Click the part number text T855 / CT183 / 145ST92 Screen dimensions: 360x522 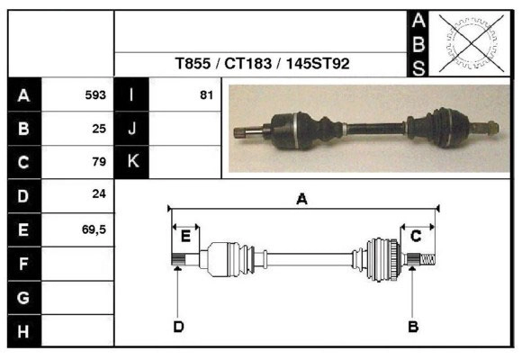click(x=263, y=65)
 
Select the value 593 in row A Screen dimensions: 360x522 click(x=95, y=94)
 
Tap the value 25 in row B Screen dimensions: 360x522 click(x=99, y=128)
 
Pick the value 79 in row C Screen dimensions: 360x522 click(x=99, y=162)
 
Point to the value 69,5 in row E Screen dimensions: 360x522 click(x=94, y=229)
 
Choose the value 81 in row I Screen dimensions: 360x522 click(x=206, y=94)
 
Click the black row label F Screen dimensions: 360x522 click(x=23, y=264)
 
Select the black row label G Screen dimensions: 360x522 click(x=23, y=297)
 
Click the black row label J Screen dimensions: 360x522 click(x=131, y=128)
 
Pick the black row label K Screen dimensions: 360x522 click(x=131, y=162)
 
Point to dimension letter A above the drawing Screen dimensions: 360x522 click(x=302, y=200)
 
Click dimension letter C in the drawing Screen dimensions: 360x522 click(x=416, y=236)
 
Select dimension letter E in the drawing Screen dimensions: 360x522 click(x=185, y=236)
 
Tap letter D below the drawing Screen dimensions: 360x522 click(x=178, y=326)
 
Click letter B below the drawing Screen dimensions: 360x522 click(x=413, y=326)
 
